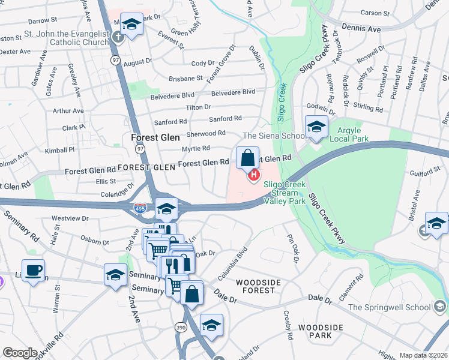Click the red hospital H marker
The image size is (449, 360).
(254, 175)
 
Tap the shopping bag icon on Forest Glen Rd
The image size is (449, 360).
(247, 159)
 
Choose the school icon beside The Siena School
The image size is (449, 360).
(316, 127)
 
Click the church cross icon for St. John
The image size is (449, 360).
(118, 35)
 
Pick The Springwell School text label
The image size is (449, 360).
(388, 308)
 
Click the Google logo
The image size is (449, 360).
(20, 353)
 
